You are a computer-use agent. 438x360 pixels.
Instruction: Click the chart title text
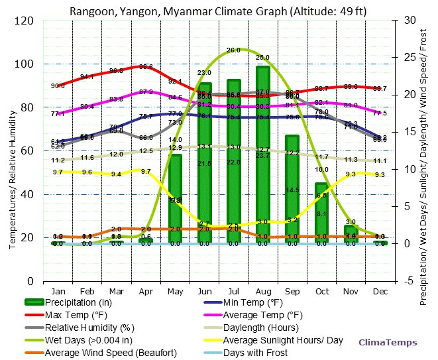[219, 11]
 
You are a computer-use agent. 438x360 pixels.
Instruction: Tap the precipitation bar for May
[175, 198]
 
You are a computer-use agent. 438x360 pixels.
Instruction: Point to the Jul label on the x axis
[233, 290]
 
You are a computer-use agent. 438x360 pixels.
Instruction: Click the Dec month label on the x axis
[380, 290]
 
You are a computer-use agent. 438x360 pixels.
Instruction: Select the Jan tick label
[58, 290]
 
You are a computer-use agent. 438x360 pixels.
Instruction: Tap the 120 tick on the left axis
[25, 21]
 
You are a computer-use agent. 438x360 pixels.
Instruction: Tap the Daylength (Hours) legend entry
[262, 328]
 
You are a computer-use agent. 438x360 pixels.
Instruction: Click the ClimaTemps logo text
[388, 343]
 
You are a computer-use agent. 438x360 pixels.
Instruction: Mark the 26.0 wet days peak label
[233, 50]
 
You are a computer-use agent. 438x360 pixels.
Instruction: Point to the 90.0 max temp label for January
[58, 86]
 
